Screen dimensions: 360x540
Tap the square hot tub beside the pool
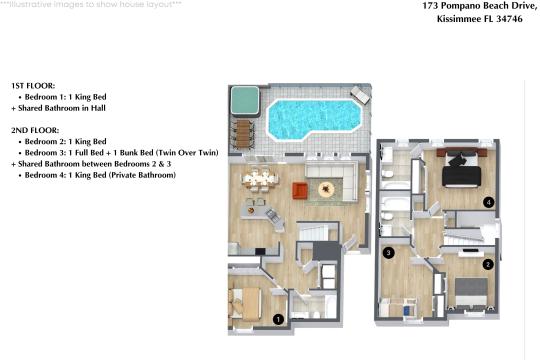243,100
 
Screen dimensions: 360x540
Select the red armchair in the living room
300,190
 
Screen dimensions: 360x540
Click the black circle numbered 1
279,319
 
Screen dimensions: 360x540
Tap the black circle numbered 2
488,264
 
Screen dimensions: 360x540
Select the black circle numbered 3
388,253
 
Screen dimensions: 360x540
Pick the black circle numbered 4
488,202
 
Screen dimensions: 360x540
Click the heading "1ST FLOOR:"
33,86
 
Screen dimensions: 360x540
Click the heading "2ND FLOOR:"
34,130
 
